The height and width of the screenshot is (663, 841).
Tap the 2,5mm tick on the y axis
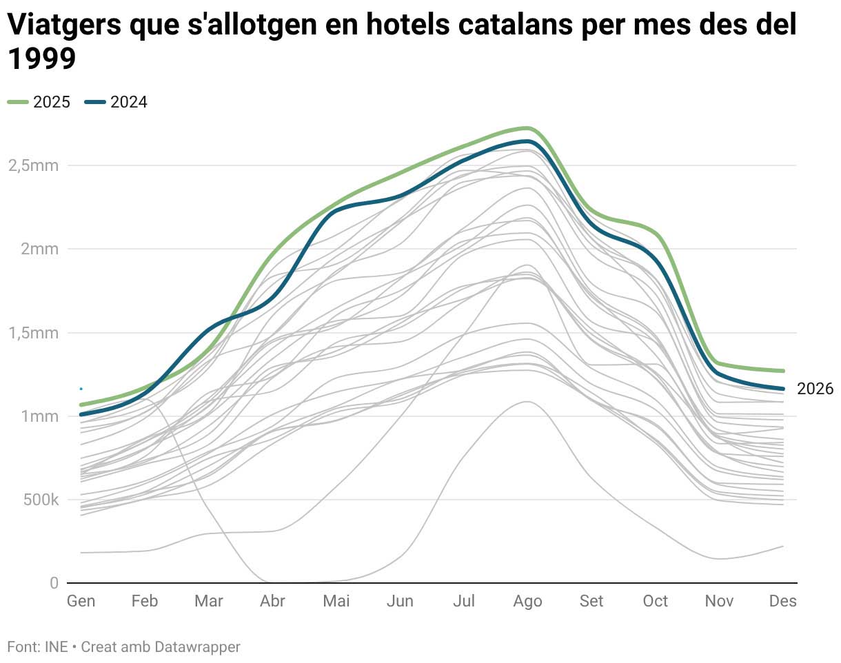tap(33, 165)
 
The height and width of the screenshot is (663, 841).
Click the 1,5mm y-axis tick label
tap(33, 333)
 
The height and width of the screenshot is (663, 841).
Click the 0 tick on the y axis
tap(54, 583)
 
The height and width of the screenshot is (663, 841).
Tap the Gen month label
tap(81, 602)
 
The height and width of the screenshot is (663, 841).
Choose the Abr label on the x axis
tap(272, 602)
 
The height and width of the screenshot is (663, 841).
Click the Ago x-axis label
tap(527, 602)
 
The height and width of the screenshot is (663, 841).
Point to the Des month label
tap(783, 602)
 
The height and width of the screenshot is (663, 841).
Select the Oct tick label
tap(655, 602)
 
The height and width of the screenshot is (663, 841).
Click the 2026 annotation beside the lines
tap(815, 389)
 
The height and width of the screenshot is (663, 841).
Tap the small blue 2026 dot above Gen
tap(81, 389)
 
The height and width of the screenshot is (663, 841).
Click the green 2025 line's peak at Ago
tap(527, 128)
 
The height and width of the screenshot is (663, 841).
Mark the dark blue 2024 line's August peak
tap(527, 141)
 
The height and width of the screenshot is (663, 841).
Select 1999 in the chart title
tap(41, 59)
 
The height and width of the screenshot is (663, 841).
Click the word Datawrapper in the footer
tap(197, 647)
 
